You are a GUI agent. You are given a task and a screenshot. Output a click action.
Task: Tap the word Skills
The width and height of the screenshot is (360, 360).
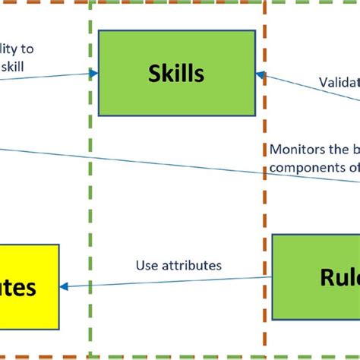coord(178,73)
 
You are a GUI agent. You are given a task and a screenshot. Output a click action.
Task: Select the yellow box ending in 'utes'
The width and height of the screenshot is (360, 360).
coord(29,286)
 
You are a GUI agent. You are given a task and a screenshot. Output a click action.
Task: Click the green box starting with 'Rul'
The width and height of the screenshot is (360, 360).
coord(316,276)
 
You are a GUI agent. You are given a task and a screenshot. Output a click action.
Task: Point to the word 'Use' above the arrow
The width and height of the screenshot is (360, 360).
coord(147,266)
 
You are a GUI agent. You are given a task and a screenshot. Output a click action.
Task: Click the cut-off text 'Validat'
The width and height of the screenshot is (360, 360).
coord(338,81)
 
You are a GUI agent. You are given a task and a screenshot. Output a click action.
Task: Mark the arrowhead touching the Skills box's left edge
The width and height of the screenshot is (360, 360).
coord(94,74)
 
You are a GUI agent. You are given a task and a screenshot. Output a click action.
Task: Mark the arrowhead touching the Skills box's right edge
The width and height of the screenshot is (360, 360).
coord(260,74)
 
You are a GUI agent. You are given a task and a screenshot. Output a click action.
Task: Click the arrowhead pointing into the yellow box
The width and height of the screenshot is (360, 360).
coord(64,286)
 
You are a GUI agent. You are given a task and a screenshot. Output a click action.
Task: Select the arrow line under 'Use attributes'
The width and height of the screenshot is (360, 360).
coord(167,282)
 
